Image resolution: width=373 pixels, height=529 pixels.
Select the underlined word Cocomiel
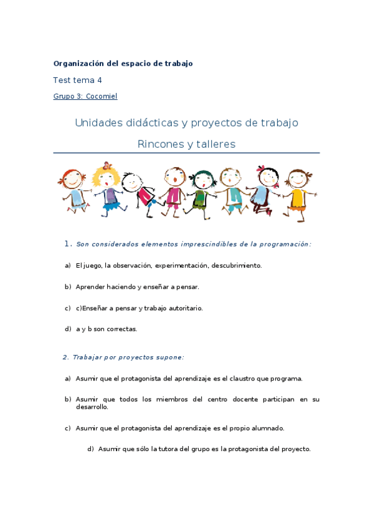[103, 97]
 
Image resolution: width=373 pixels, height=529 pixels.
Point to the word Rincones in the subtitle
[161, 144]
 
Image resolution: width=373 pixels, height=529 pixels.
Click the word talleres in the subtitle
[215, 144]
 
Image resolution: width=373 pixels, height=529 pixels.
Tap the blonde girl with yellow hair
[107, 187]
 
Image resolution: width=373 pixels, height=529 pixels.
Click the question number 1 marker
[68, 245]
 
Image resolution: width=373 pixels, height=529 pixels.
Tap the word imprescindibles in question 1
[196, 245]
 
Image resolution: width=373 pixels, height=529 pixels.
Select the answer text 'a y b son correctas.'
[106, 329]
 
